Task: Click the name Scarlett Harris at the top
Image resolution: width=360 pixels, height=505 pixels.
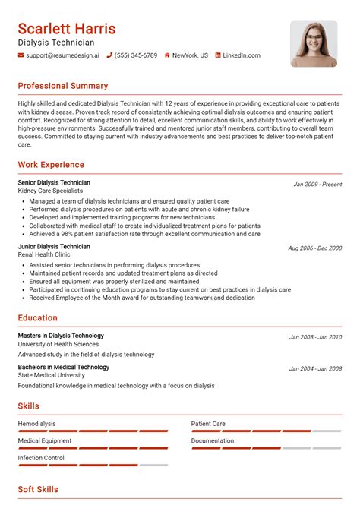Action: coord(67,29)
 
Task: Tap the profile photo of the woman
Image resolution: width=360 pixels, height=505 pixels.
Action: coord(314,43)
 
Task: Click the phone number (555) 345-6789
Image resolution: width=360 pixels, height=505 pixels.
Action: coord(136,55)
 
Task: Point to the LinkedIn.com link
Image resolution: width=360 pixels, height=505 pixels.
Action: coord(242,55)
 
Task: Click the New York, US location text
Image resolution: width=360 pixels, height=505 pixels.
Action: coord(190,55)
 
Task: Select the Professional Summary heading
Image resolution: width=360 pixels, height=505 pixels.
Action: coord(63,86)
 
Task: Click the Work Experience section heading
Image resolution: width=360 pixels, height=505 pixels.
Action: coord(51,165)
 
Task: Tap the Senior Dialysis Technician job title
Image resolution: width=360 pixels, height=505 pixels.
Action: coord(54,183)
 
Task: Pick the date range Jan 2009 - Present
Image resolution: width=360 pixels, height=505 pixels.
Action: coord(317,185)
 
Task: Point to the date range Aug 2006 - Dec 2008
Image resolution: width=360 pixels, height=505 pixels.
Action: coord(314,248)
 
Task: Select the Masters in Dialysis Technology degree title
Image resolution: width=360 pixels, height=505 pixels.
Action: coord(61,336)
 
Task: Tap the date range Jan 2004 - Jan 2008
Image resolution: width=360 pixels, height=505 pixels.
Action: coord(315,368)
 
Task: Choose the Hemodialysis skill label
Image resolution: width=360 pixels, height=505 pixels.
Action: coord(36,424)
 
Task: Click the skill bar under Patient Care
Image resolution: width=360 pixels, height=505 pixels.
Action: coord(266,431)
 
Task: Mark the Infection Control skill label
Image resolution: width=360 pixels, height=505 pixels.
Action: coord(41,458)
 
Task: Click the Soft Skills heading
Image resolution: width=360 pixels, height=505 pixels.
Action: coord(38,490)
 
